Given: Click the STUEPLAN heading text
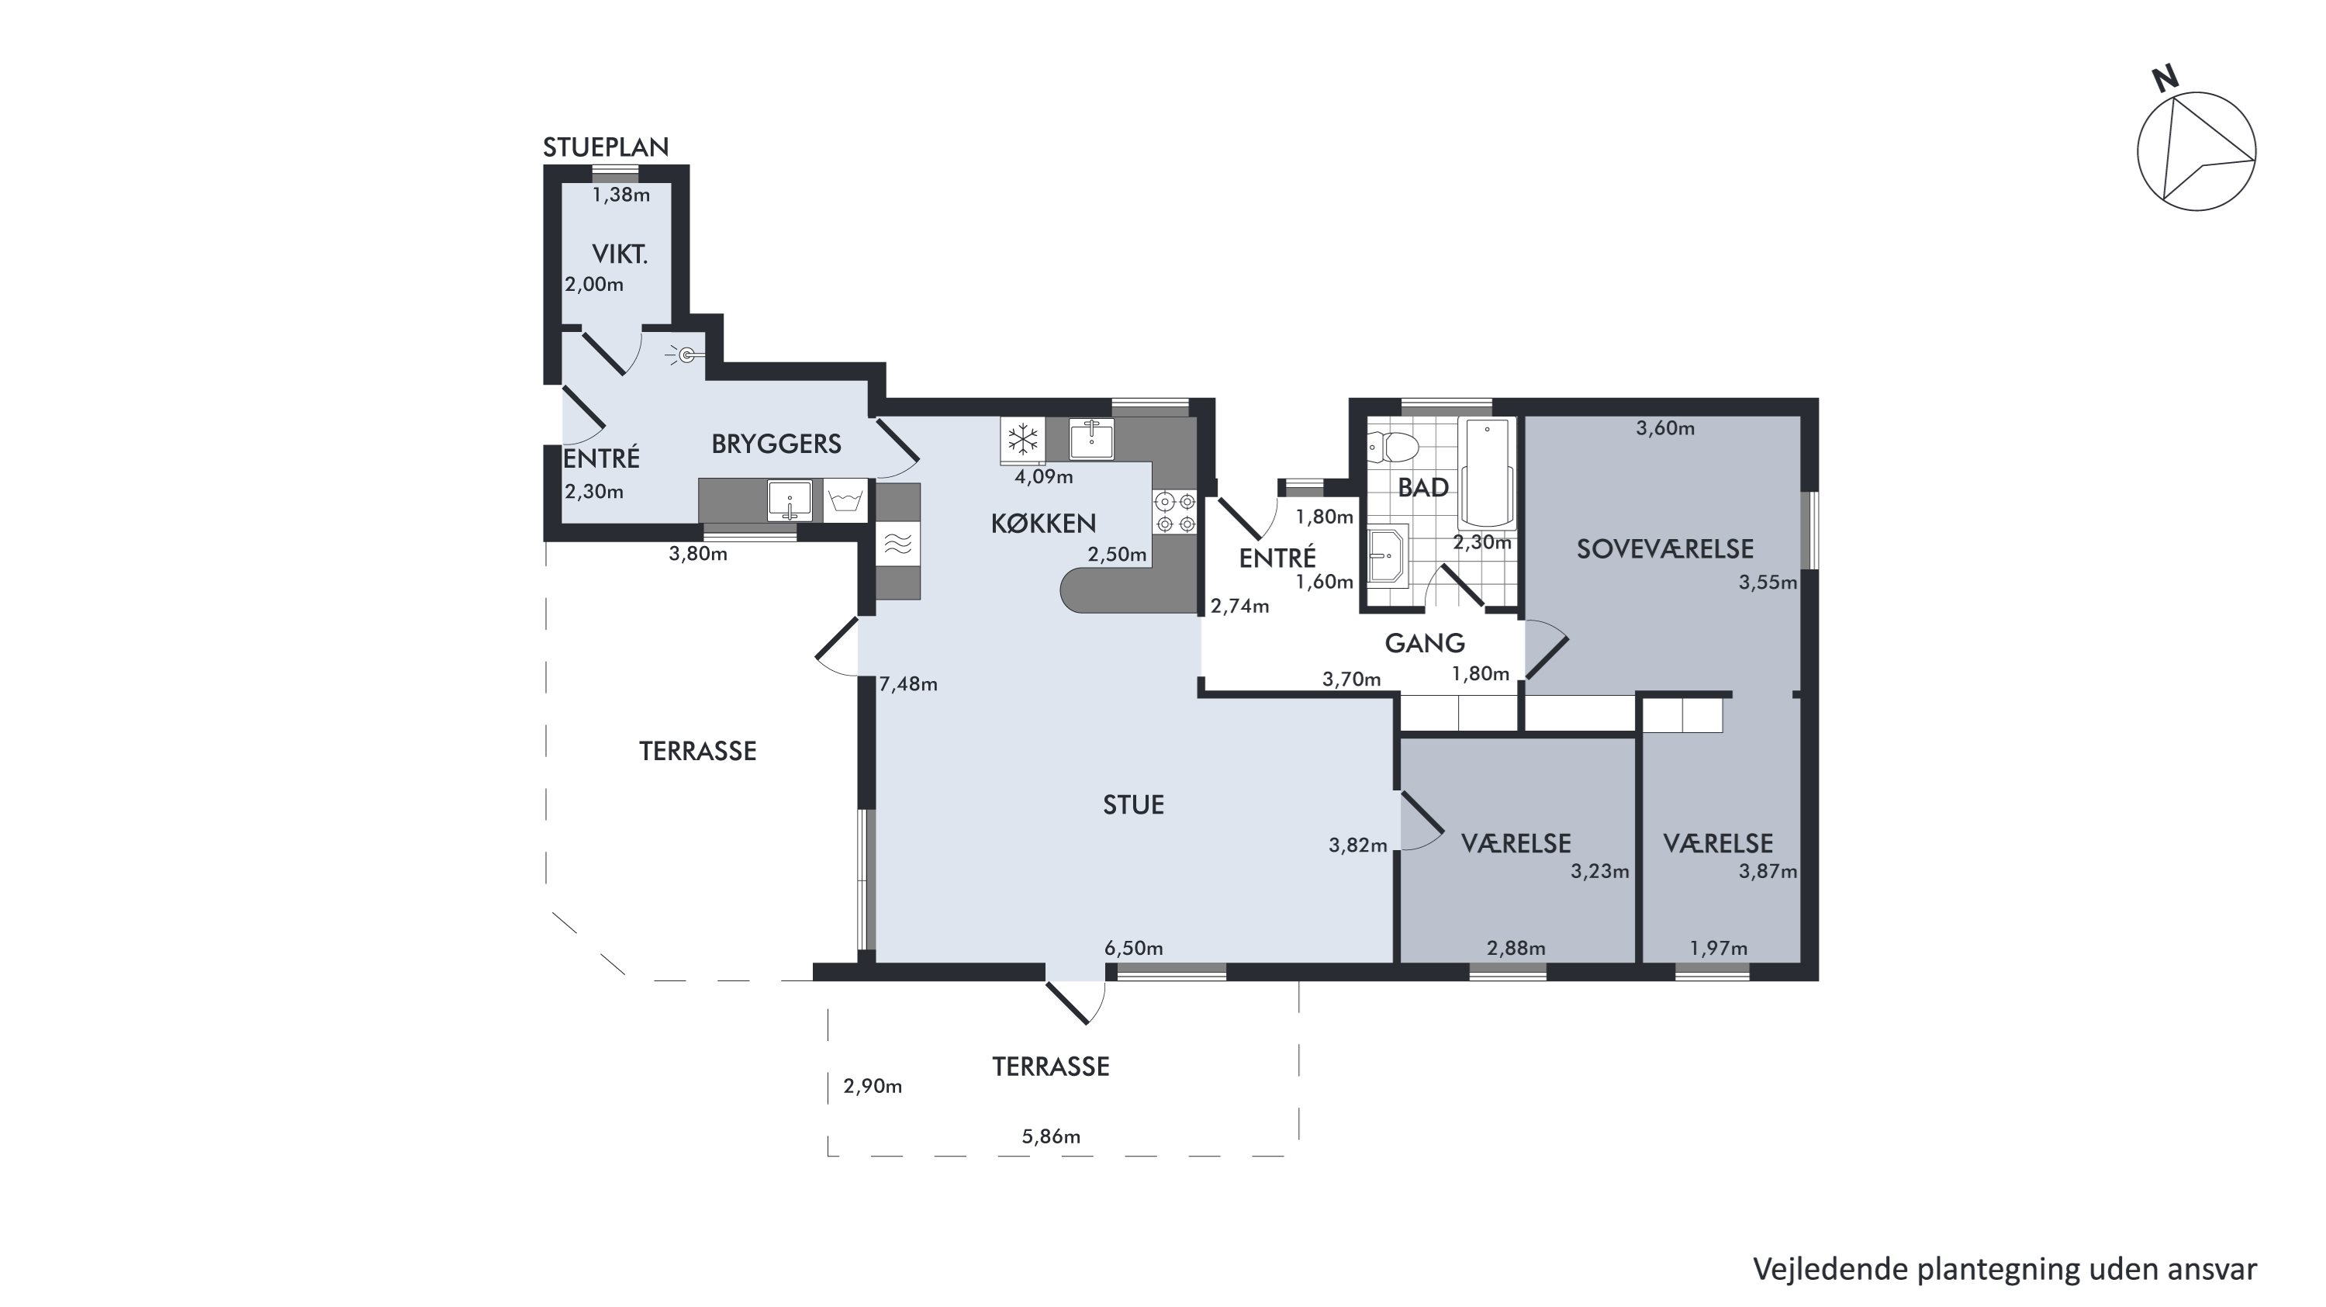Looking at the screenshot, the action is pyautogui.click(x=606, y=147).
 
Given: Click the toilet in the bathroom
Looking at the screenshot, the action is pyautogui.click(x=1395, y=445).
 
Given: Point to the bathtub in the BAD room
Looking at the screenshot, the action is pyautogui.click(x=1486, y=472).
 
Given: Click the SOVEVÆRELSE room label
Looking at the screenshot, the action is pyautogui.click(x=1665, y=549).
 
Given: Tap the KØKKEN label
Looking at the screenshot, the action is pyautogui.click(x=1043, y=524).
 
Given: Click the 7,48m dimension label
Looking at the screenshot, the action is pyautogui.click(x=908, y=685).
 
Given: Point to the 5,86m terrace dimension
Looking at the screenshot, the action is pyautogui.click(x=1051, y=1136).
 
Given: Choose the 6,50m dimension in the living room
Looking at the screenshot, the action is pyautogui.click(x=1133, y=949).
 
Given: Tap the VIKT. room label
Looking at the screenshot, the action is pyautogui.click(x=620, y=254).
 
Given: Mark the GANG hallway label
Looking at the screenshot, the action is pyautogui.click(x=1425, y=643).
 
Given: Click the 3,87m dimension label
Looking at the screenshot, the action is pyautogui.click(x=1768, y=872).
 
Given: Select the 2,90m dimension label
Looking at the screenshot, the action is pyautogui.click(x=873, y=1087).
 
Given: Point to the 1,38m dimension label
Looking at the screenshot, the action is pyautogui.click(x=621, y=195).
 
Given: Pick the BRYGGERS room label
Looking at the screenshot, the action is pyautogui.click(x=776, y=444).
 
